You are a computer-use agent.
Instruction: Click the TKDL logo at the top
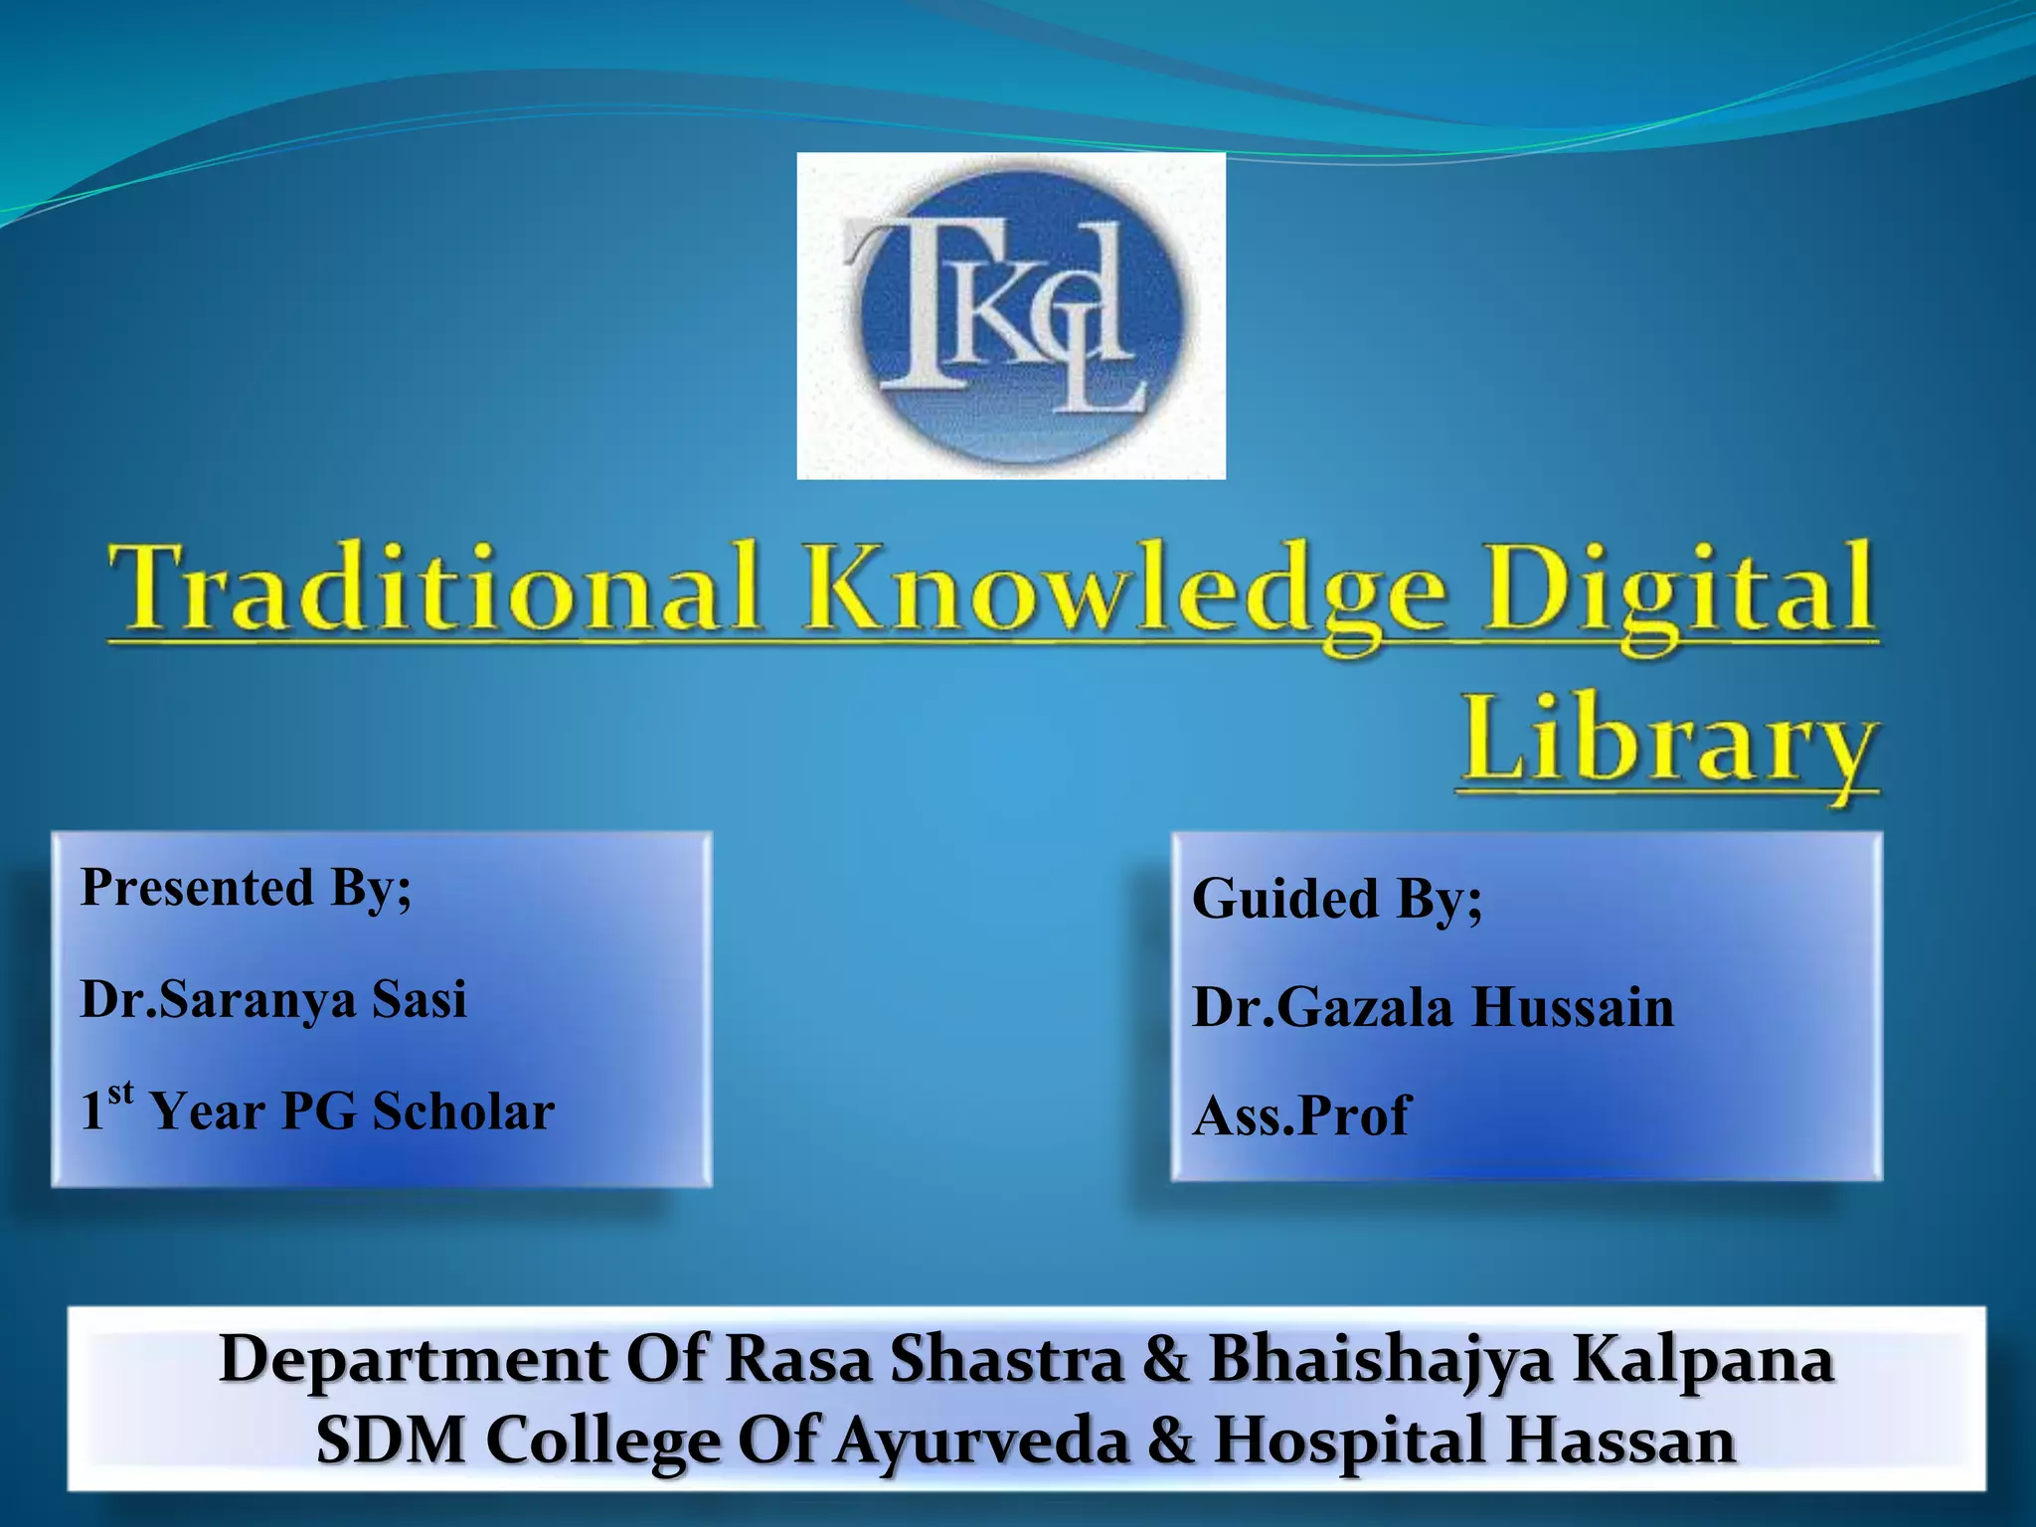point(1011,315)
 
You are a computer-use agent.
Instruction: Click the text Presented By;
point(246,887)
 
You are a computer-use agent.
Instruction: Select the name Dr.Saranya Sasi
point(273,999)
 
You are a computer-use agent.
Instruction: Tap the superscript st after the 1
point(120,1093)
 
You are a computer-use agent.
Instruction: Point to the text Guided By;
point(1336,899)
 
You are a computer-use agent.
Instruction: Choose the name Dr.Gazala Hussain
point(1433,1007)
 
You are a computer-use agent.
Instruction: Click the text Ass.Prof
point(1300,1115)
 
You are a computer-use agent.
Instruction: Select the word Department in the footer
point(413,1360)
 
